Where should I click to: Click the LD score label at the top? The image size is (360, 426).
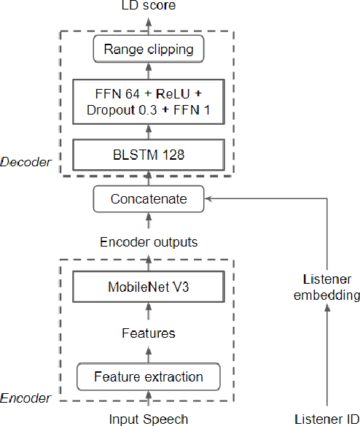149,7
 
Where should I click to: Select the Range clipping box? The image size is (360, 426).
149,50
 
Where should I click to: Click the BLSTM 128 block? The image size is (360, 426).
149,155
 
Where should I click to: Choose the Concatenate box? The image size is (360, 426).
149,198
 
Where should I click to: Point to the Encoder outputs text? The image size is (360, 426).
149,241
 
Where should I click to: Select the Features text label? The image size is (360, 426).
149,333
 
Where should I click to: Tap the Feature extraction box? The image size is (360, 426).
149,377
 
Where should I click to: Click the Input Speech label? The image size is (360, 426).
149,419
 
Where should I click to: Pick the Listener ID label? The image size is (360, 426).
327,419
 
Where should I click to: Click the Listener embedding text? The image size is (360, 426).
327,287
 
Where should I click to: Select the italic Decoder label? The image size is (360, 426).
26,162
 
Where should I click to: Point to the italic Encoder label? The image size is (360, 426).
26,398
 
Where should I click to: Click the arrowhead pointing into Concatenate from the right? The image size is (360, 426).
210,198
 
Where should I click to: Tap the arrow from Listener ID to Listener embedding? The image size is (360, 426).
327,357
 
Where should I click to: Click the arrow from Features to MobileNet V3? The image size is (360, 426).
149,311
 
